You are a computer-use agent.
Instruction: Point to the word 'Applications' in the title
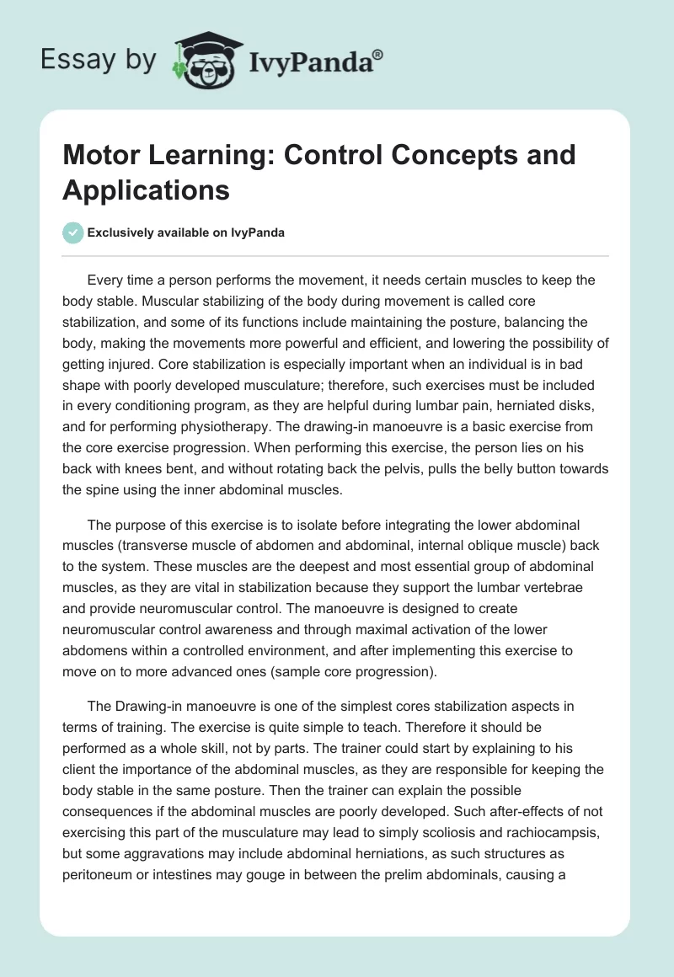pyautogui.click(x=146, y=190)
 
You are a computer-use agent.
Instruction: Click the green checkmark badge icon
pyautogui.click(x=73, y=232)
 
